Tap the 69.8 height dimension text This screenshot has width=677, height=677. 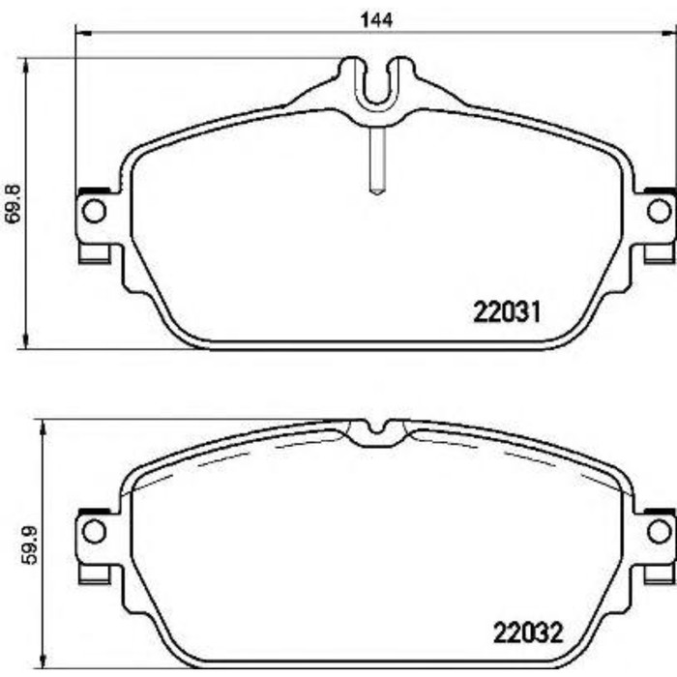(13, 204)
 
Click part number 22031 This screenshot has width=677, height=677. (511, 312)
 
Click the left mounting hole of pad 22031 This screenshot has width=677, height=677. (94, 210)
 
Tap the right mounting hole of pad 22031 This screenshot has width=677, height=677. (658, 210)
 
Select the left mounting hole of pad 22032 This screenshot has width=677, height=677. (94, 530)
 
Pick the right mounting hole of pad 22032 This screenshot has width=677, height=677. (658, 530)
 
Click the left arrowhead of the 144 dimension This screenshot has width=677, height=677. (82, 33)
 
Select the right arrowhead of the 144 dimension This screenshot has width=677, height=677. (670, 33)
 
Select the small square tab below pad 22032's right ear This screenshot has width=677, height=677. (659, 574)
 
